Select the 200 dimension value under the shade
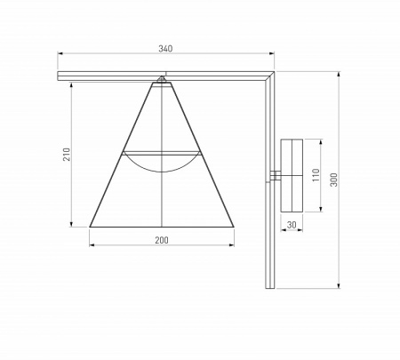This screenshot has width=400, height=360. tap(161, 240)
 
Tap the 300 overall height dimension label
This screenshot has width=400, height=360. tap(333, 180)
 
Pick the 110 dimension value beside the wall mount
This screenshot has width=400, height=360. tap(314, 175)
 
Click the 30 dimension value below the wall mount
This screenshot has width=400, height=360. tap(292, 225)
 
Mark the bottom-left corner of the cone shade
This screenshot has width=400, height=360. tap(91, 224)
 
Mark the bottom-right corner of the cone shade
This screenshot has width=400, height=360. tap(233, 224)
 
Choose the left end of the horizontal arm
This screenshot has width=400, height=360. tap(61, 79)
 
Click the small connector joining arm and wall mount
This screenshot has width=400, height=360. tap(277, 175)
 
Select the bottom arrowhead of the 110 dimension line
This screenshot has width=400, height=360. tap(321, 211)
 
